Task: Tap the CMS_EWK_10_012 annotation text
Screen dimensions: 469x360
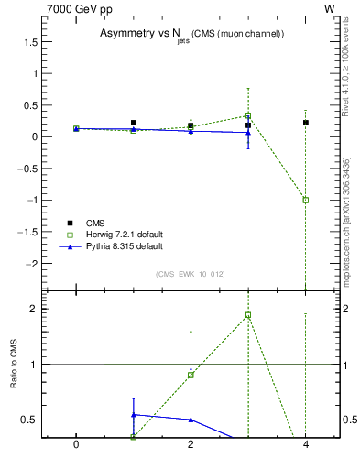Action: tap(191, 273)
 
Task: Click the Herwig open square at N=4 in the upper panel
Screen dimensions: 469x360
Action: tap(305, 200)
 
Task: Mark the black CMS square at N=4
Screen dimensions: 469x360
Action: tap(305, 123)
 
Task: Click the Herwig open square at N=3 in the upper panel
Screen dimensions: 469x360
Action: tap(248, 115)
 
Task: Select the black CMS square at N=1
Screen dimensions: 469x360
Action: tap(134, 123)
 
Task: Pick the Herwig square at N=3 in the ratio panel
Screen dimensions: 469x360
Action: tap(248, 315)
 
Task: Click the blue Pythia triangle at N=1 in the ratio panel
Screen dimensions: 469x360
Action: tap(134, 415)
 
